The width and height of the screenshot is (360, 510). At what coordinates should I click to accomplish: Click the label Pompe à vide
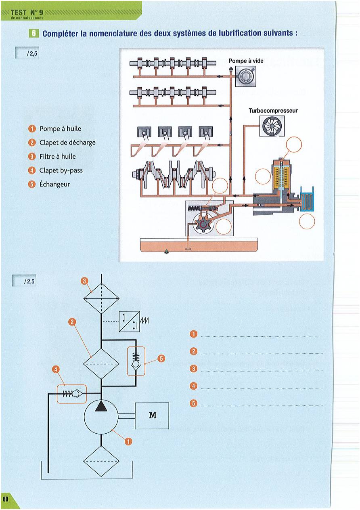(x=246, y=61)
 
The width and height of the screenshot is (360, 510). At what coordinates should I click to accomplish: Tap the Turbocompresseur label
(x=273, y=110)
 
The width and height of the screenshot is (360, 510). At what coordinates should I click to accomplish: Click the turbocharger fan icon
(x=270, y=126)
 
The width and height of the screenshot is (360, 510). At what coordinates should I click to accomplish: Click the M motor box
(x=152, y=415)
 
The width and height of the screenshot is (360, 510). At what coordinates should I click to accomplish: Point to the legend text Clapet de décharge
(x=67, y=143)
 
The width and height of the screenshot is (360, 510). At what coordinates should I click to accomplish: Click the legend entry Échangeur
(x=54, y=184)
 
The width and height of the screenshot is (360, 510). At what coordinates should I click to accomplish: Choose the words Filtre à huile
(x=57, y=156)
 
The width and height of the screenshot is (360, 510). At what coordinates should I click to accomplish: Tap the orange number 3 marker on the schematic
(x=84, y=281)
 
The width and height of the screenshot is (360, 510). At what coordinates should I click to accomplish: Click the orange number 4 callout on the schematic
(x=56, y=369)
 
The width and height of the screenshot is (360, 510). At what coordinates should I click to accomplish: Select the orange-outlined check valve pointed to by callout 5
(x=136, y=361)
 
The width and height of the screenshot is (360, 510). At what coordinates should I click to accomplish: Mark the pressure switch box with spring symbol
(x=129, y=322)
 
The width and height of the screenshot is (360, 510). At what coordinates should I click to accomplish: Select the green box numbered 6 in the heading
(x=33, y=33)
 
